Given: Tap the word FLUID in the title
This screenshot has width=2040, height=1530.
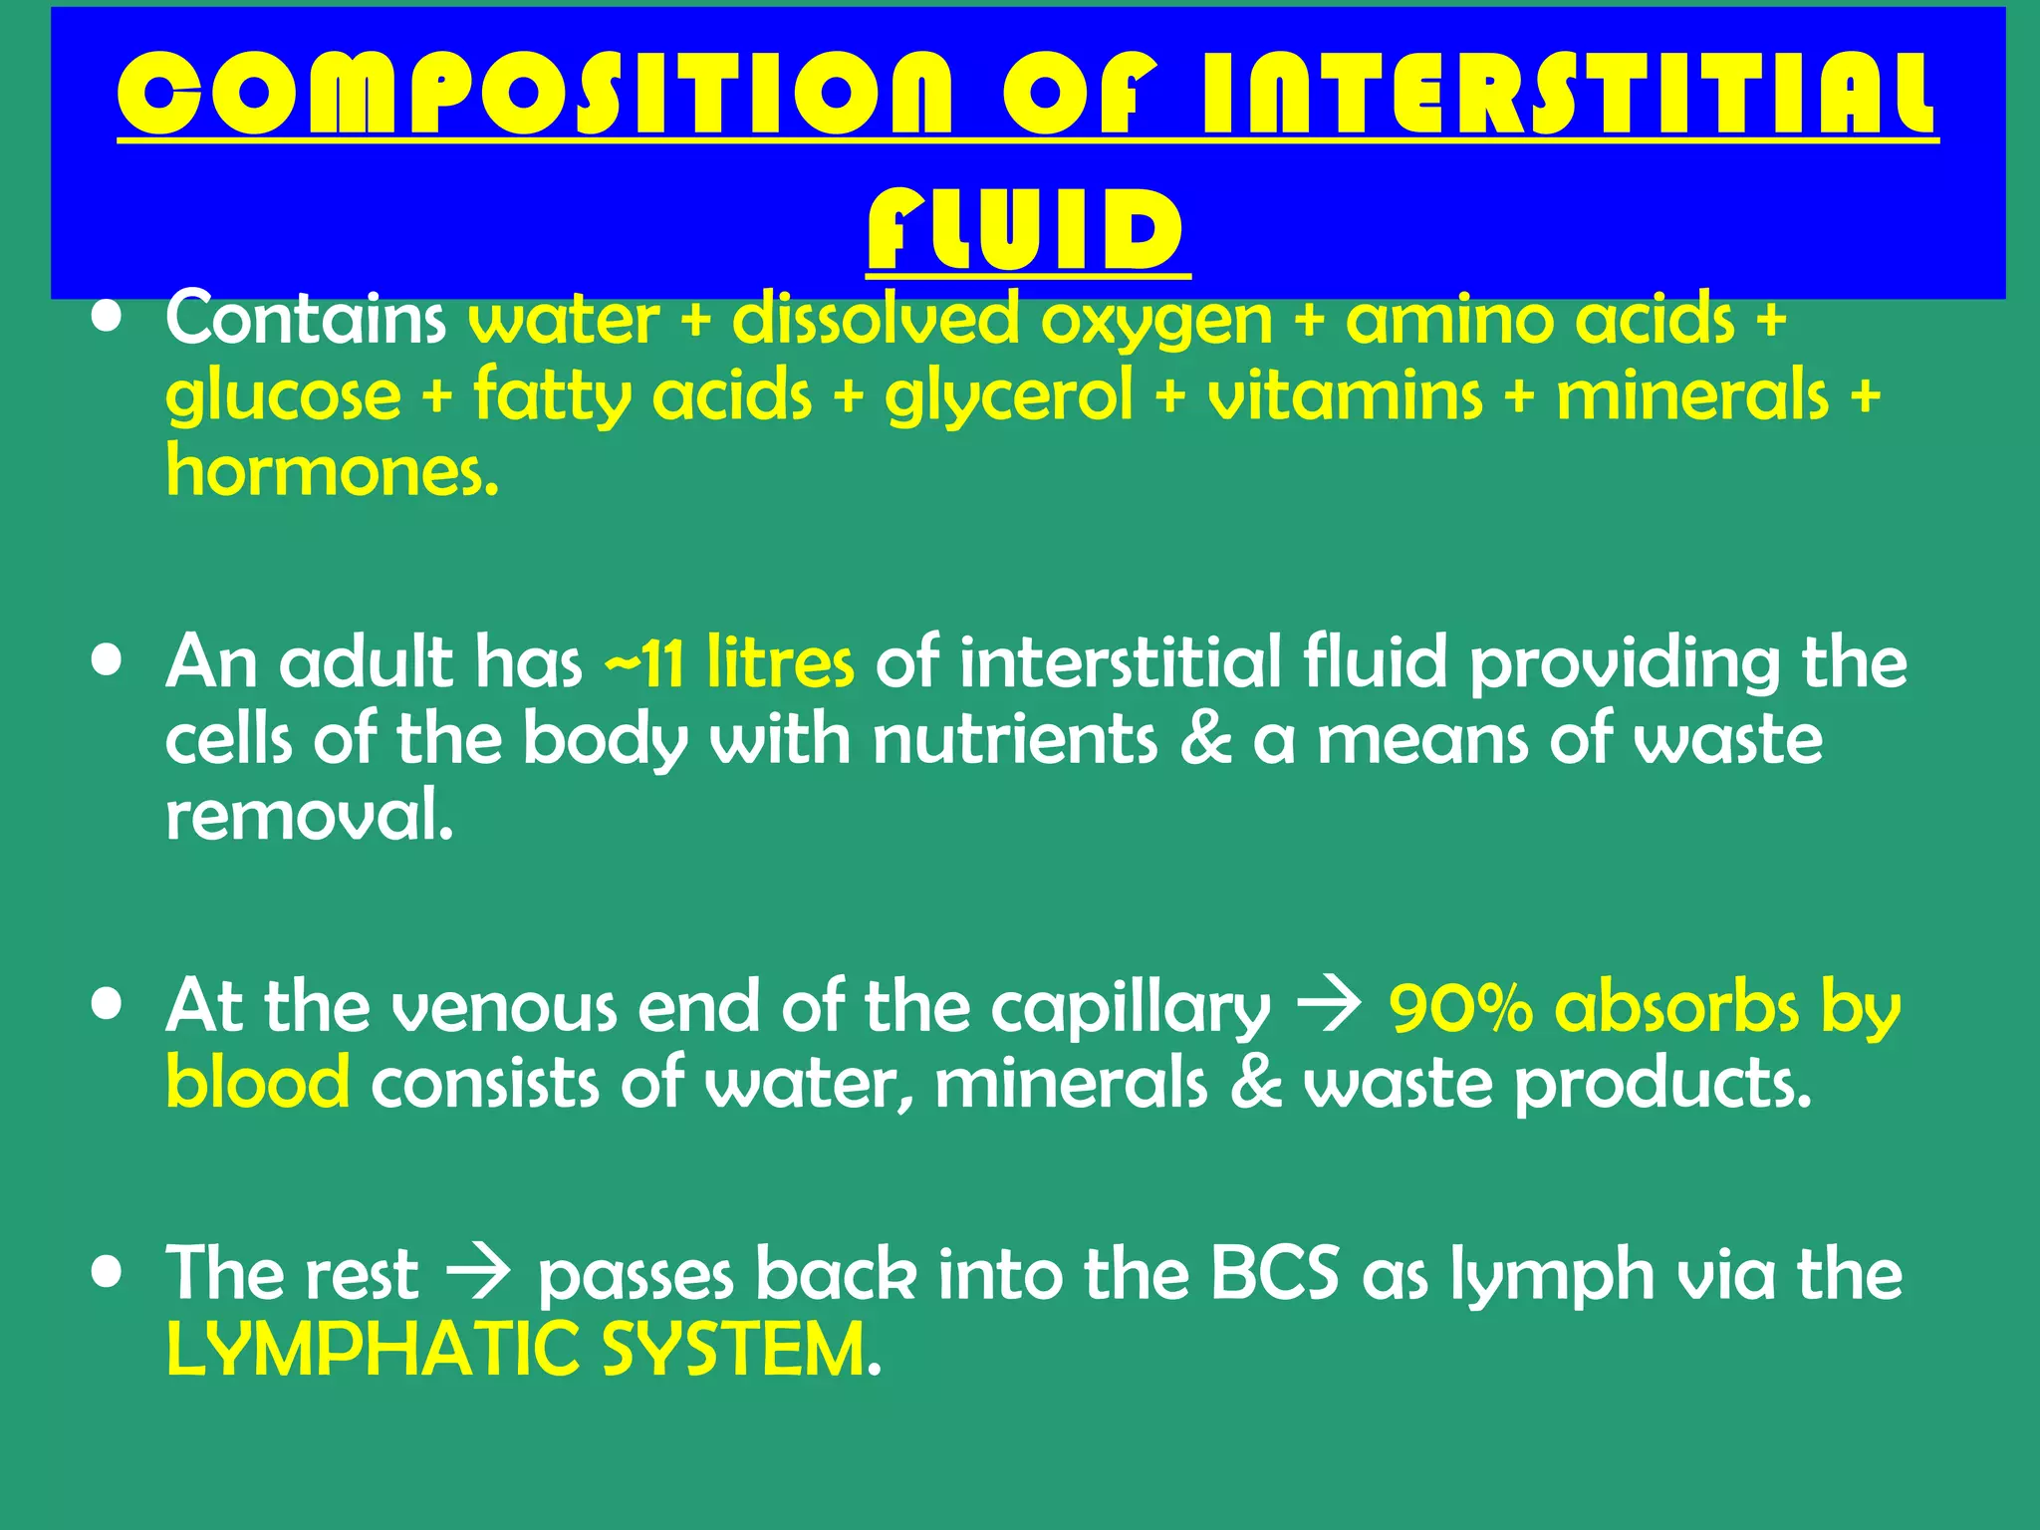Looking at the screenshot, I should (x=1027, y=230).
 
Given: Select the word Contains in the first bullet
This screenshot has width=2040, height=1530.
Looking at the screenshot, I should (x=306, y=319).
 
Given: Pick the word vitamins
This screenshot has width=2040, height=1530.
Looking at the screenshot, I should (x=1345, y=394).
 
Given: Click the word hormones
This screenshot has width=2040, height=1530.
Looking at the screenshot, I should (x=332, y=470).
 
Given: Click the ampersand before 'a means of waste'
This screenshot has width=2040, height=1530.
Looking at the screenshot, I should (x=1205, y=740).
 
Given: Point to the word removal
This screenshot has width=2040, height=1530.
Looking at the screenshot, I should (x=309, y=815).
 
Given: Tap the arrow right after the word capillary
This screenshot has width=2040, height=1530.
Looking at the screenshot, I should (x=1330, y=1008).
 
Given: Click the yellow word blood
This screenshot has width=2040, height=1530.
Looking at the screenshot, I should (x=257, y=1083).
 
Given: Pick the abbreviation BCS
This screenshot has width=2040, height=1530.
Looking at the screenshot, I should (x=1275, y=1274).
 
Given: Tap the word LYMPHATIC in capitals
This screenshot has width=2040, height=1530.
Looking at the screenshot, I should (x=373, y=1351).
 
